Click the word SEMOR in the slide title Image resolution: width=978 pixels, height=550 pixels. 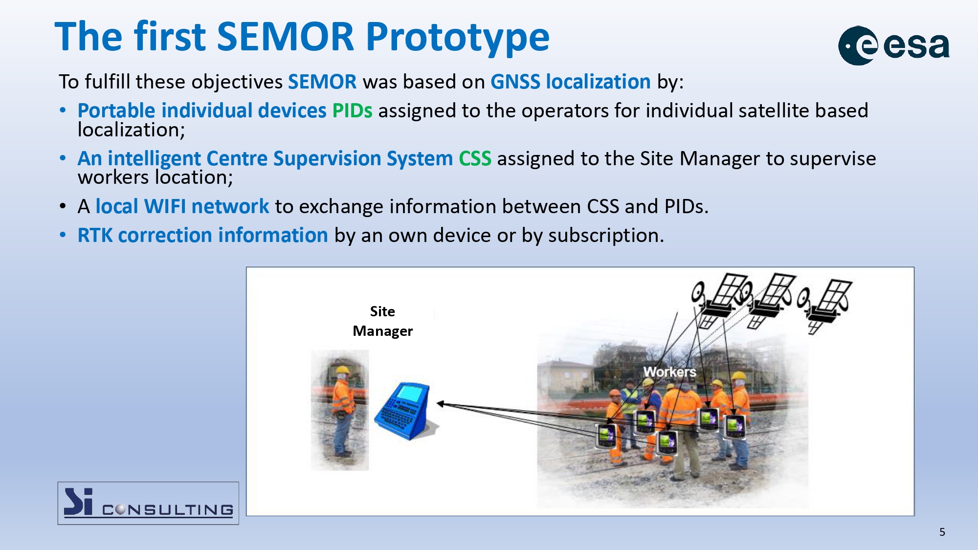[x=285, y=37]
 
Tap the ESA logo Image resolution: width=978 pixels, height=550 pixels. [x=894, y=45]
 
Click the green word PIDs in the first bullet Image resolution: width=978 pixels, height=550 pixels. [x=352, y=111]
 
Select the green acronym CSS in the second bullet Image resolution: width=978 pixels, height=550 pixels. [x=475, y=159]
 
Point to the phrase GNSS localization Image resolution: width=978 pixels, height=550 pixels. [x=571, y=82]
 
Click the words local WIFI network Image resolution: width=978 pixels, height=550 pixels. [x=182, y=206]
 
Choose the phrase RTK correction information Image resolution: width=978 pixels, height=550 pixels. [x=202, y=235]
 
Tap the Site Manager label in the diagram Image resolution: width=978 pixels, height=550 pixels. [x=382, y=321]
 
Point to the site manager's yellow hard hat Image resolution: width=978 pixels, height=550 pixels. [x=342, y=370]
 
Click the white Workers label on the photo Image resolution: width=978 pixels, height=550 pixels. [x=669, y=372]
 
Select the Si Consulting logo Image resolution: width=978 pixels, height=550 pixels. [x=148, y=503]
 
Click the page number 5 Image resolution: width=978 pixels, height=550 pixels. [x=942, y=532]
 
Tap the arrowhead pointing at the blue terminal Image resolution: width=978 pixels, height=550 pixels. [x=440, y=404]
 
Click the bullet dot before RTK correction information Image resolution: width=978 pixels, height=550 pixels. [x=63, y=236]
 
